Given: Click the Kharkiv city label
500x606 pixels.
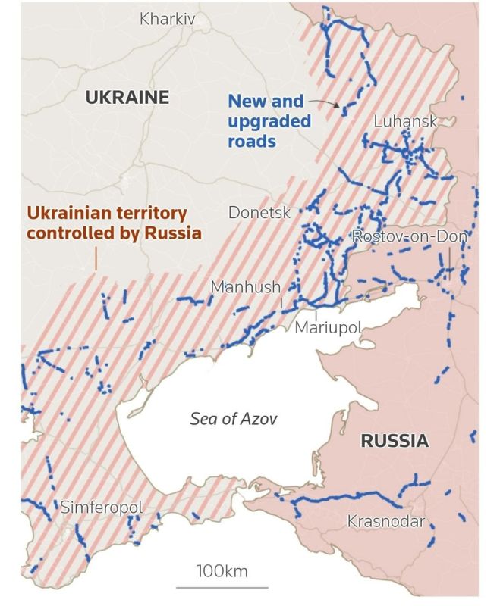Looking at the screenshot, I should click(x=167, y=18).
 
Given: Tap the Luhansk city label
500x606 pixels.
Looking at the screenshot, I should click(x=405, y=122).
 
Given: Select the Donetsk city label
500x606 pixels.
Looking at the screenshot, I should click(x=259, y=213).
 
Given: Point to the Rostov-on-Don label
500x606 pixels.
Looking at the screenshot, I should click(x=409, y=237).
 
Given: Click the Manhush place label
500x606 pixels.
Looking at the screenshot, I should click(x=245, y=287).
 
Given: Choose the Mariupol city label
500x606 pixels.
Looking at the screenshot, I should click(x=328, y=327).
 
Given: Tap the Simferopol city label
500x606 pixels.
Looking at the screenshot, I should click(x=101, y=507).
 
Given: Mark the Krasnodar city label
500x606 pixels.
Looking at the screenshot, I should click(x=385, y=521).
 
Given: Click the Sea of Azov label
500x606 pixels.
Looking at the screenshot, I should click(x=233, y=419).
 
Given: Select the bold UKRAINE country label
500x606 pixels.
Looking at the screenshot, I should click(x=127, y=97).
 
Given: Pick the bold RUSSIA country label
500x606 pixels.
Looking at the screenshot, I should click(x=394, y=441).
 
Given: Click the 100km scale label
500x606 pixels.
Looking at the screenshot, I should click(x=222, y=570).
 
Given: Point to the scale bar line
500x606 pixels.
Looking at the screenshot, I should click(x=222, y=586).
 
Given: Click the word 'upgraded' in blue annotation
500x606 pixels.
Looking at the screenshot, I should click(x=270, y=121).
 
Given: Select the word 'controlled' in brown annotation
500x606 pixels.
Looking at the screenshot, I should click(x=64, y=233).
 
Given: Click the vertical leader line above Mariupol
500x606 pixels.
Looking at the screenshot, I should click(x=315, y=313).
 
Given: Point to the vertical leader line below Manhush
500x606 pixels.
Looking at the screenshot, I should click(x=281, y=301).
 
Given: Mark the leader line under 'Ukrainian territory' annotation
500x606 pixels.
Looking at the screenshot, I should click(x=96, y=258).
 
